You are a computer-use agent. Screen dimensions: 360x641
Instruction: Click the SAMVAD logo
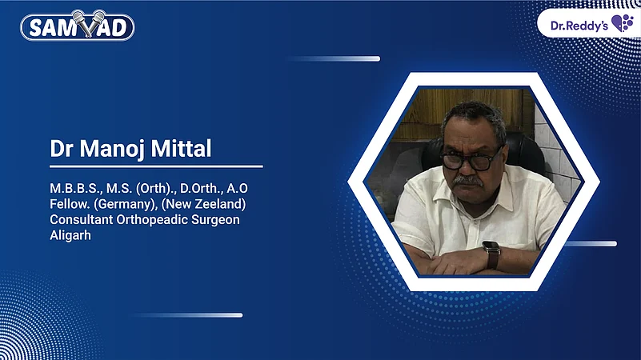[77, 26]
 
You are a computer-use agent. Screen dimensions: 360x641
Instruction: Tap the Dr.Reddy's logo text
[579, 26]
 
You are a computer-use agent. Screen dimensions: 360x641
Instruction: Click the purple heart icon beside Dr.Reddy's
[622, 23]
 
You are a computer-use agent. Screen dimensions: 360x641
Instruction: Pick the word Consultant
[83, 219]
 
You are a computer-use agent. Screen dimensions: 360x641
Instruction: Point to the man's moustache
[468, 181]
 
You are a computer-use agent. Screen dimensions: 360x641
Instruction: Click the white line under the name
[156, 167]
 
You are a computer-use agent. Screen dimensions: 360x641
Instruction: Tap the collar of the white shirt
[448, 194]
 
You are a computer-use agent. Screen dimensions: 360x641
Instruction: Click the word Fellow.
[68, 204]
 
